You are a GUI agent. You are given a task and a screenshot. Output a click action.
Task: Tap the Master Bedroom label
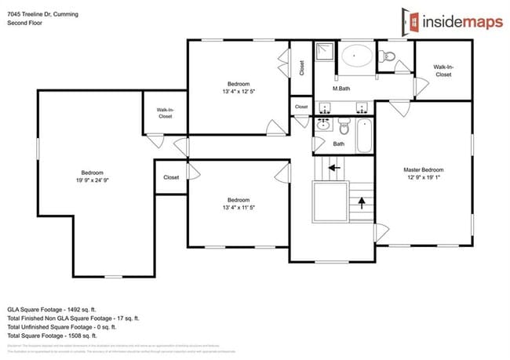coord(424,170)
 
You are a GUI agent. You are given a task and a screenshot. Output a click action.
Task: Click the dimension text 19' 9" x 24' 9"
coord(92,181)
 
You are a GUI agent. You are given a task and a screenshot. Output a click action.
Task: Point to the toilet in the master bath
coord(388,56)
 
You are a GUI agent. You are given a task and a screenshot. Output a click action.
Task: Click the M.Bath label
coord(341,89)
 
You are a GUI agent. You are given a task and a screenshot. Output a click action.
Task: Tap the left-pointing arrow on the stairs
coord(333,167)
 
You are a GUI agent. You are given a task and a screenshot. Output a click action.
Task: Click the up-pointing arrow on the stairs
coord(362,203)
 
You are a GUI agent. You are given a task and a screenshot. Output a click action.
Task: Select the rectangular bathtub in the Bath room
coord(363,135)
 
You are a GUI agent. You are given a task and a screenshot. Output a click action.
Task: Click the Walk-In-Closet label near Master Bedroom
coord(443,71)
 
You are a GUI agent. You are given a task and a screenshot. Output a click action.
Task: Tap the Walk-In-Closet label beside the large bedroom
coord(165,113)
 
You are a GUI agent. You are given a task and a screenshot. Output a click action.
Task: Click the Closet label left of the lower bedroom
coord(171,177)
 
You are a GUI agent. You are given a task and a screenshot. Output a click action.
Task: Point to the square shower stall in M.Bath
coord(325,53)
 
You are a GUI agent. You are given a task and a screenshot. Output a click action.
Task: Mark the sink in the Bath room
coord(322,124)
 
